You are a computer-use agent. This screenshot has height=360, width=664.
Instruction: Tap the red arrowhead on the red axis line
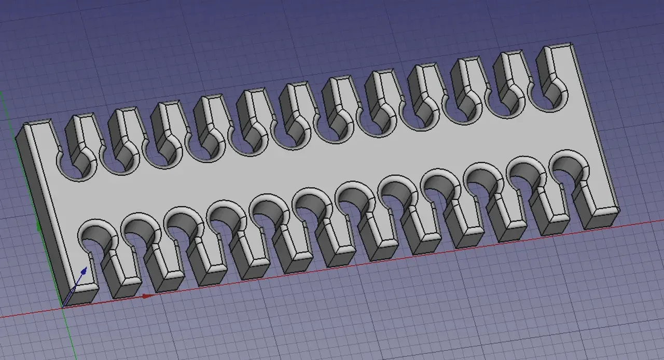[x=147, y=296]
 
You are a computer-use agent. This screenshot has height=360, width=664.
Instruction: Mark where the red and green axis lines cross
[x=63, y=307]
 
